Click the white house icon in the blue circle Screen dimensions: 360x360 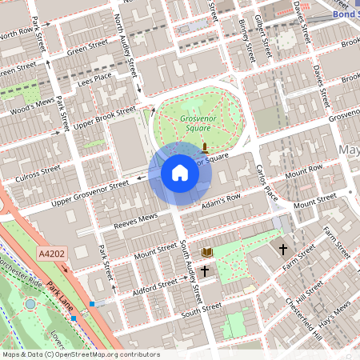tap(179, 173)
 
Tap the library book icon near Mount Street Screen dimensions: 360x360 tap(207, 251)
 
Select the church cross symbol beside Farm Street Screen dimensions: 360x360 tap(282, 250)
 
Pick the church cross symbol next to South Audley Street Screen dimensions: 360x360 tap(205, 272)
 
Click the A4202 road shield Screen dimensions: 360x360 tap(51, 254)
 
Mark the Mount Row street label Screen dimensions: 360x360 tap(303, 170)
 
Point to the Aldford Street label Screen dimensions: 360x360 tap(156, 284)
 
